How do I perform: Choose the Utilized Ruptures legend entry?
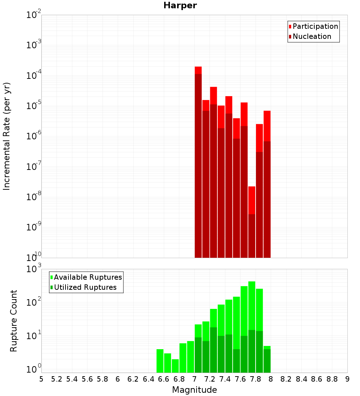click(85, 288)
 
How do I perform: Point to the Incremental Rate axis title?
click(7, 136)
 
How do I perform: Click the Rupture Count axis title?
click(14, 321)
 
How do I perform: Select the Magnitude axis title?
click(194, 390)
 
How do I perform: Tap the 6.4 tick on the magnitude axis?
click(148, 379)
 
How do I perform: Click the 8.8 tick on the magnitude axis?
click(332, 379)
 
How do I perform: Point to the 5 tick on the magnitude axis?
click(41, 379)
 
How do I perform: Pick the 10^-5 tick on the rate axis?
click(34, 106)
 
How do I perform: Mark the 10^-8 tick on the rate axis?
click(34, 197)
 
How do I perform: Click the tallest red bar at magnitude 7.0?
click(198, 162)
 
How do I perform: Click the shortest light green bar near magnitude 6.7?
click(175, 366)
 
